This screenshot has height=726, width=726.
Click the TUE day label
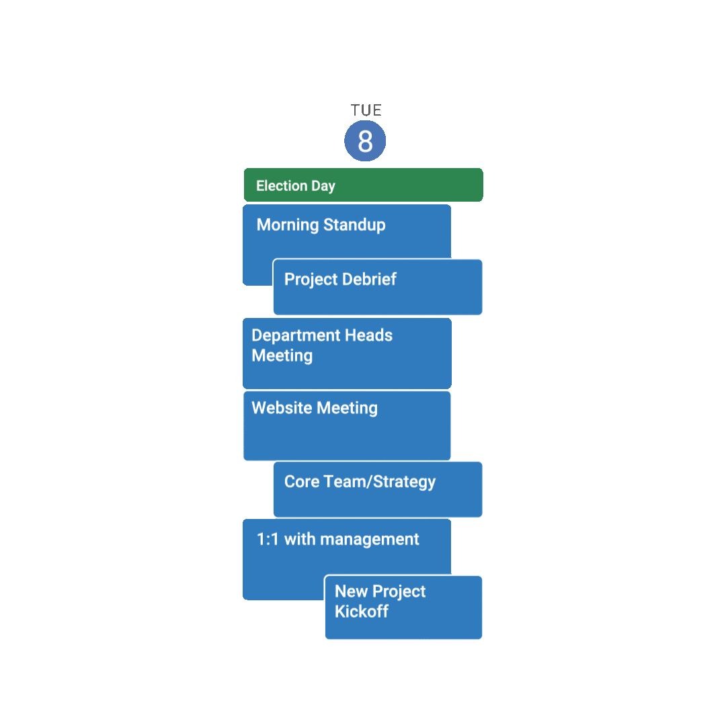[366, 110]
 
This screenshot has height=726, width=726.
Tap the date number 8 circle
[365, 141]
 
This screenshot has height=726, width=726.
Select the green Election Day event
[363, 186]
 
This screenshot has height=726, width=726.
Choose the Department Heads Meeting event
[347, 353]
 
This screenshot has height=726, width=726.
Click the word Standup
[354, 225]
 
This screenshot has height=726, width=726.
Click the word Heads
[368, 335]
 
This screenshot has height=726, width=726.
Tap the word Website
[282, 408]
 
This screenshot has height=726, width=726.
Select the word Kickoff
[362, 612]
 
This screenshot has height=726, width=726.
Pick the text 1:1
[268, 539]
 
